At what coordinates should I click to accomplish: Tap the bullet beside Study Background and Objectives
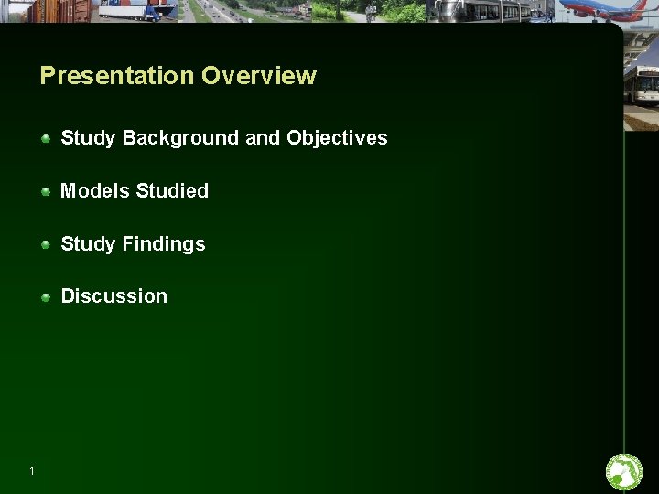tap(46, 138)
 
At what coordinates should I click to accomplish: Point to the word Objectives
tap(337, 138)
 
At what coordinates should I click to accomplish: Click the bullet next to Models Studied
tap(46, 191)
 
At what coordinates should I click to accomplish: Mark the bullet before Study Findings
tap(46, 244)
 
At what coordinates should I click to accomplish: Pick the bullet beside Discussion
tap(46, 296)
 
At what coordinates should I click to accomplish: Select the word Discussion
tap(114, 296)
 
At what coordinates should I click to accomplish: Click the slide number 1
tap(32, 471)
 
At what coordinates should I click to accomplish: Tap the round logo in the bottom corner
tap(624, 472)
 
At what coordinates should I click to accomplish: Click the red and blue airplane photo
tap(603, 10)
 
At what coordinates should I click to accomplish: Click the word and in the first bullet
tap(263, 138)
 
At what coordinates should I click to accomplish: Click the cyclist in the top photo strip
tap(371, 11)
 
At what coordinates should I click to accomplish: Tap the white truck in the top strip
tap(137, 10)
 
